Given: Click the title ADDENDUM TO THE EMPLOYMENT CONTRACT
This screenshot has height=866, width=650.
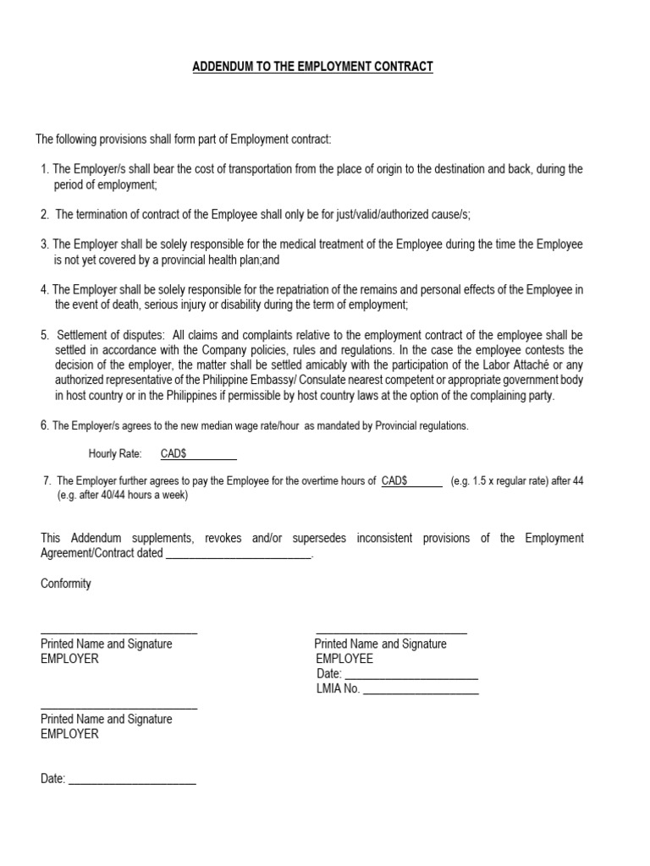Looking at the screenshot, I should pyautogui.click(x=312, y=67).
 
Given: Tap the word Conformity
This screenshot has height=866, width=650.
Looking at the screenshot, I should pyautogui.click(x=65, y=584).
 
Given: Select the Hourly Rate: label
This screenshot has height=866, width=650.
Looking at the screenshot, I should pyautogui.click(x=115, y=454).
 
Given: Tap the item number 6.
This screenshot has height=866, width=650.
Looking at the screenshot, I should pyautogui.click(x=44, y=425).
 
